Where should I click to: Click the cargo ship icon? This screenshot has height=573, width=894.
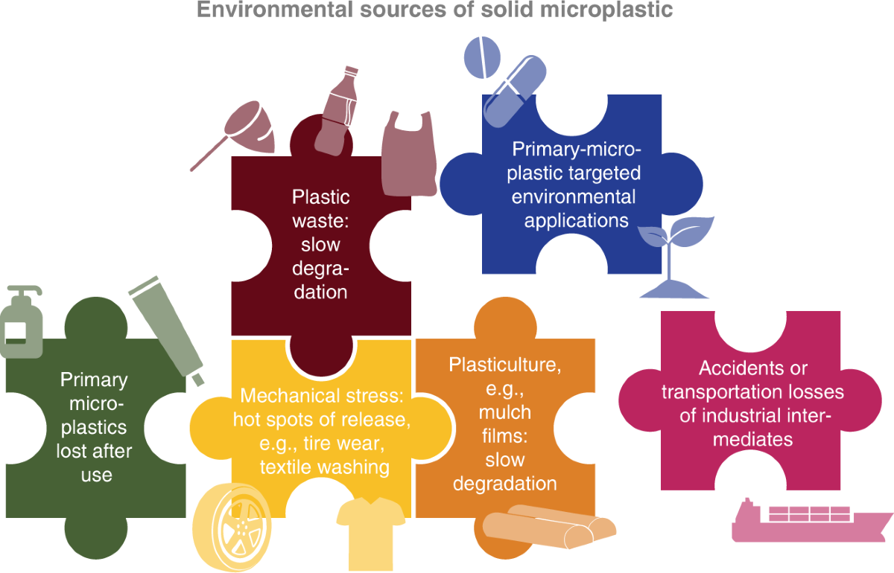tap(808, 521)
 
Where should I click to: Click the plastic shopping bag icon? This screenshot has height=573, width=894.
tap(408, 156)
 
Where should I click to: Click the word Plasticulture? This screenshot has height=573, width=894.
tap(504, 365)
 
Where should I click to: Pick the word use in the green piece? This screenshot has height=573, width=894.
tap(96, 474)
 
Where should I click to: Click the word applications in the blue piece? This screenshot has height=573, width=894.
tap(576, 220)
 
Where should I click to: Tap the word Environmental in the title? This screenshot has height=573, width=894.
tap(279, 11)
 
